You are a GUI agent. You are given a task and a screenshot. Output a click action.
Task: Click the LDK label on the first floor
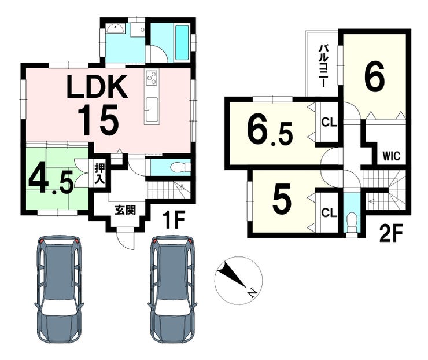[97, 86]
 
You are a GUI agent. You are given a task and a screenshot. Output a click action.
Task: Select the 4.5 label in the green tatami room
[51, 181]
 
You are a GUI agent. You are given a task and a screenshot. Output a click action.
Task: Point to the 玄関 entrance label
[125, 210]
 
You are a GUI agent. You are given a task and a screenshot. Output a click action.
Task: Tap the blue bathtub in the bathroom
[182, 43]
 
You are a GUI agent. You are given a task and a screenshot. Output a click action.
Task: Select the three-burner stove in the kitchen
[152, 78]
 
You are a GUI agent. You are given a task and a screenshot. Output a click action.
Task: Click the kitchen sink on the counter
[151, 109]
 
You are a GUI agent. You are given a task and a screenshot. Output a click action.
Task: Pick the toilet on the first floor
[180, 167]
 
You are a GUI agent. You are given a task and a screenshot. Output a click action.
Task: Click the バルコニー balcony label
[323, 67]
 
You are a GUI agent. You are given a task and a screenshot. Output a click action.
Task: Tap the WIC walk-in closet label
[391, 156]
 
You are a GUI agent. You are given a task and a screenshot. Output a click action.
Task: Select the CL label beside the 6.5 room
[329, 122]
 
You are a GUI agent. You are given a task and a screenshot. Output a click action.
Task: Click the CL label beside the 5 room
[329, 212]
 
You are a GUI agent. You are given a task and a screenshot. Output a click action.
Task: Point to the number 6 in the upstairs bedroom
[375, 76]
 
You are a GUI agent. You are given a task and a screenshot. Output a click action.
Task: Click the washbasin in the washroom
[116, 28]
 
